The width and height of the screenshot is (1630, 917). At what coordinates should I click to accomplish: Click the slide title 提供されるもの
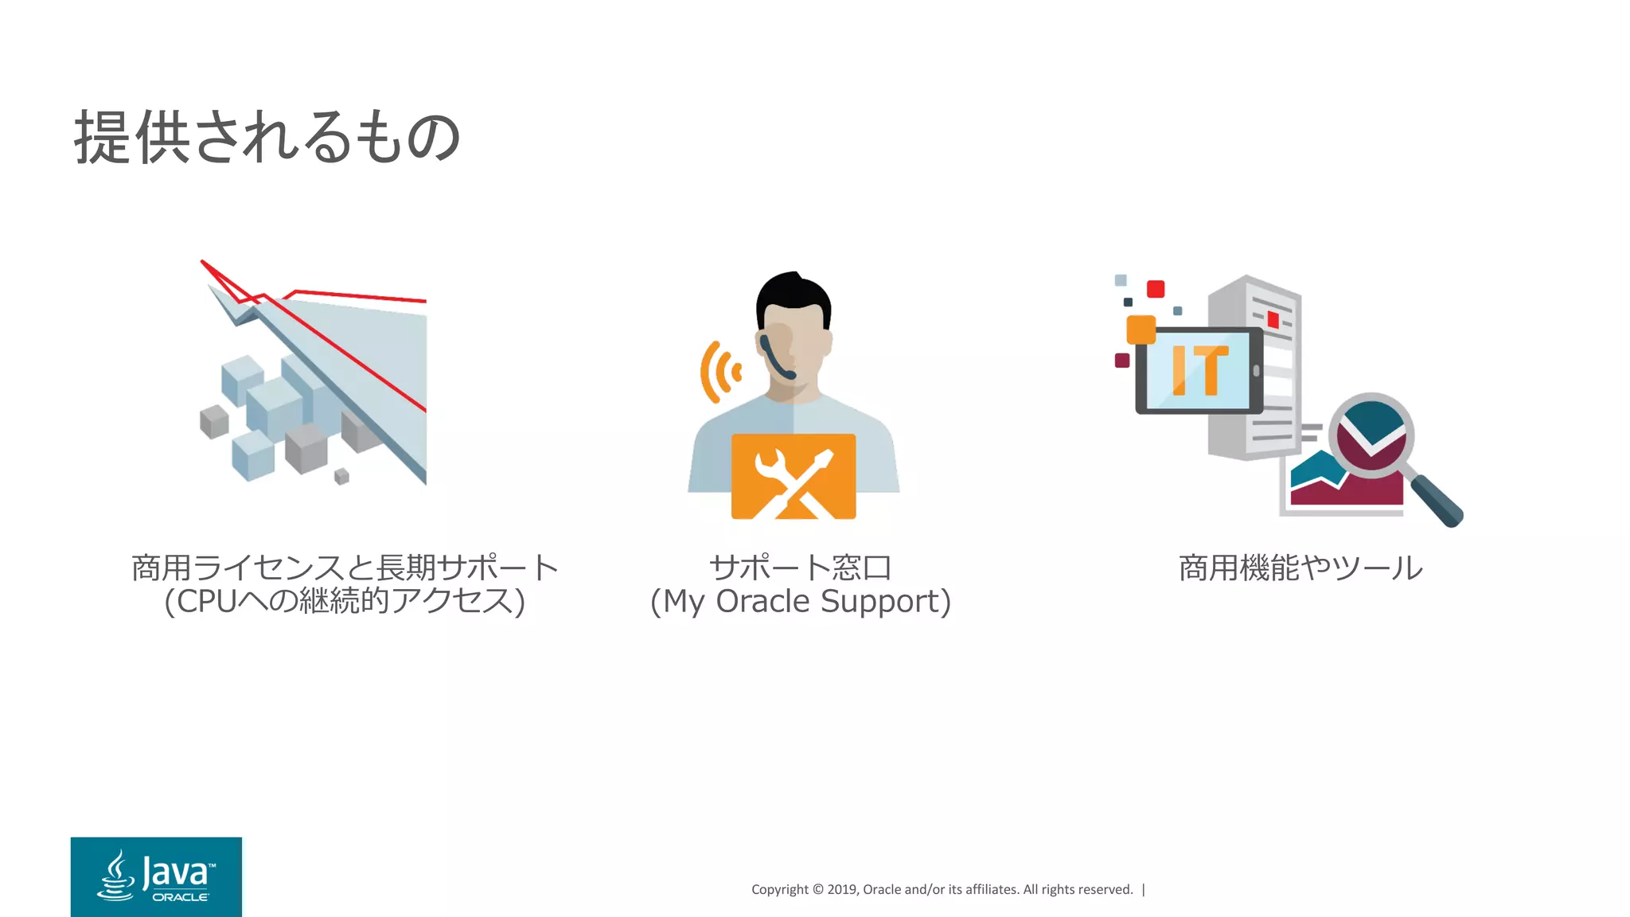[267, 137]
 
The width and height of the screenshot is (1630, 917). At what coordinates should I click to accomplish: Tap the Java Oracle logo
[156, 876]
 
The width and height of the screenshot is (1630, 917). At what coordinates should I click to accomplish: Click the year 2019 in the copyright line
[841, 889]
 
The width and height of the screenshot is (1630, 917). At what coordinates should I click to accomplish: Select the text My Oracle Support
[801, 602]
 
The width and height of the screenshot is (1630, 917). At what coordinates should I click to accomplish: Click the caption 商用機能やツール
[1300, 568]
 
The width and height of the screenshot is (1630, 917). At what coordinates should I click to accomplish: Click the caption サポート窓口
[800, 568]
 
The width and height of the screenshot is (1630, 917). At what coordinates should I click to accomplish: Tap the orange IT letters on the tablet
[1199, 370]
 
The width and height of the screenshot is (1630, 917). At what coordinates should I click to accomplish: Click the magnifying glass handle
[1438, 501]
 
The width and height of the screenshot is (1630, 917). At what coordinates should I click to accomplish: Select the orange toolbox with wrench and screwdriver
[794, 476]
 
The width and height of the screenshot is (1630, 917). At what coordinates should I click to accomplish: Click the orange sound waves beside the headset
[719, 372]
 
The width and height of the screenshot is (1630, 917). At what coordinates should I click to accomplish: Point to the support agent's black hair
[793, 295]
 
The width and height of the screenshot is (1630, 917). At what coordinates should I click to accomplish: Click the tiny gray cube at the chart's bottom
[341, 476]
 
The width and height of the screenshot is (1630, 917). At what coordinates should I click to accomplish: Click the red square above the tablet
[1156, 289]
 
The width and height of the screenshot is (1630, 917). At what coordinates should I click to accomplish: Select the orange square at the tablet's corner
[1141, 330]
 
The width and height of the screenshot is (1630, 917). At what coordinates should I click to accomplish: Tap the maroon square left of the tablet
[1122, 361]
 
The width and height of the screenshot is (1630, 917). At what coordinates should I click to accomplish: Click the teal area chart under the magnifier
[1313, 470]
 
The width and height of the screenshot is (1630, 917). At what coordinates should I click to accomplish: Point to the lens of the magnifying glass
[1371, 434]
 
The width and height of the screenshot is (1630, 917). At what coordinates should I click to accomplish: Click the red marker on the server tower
[1273, 320]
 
